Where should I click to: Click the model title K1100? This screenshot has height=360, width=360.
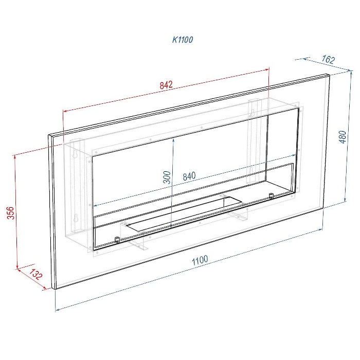pos(183,40)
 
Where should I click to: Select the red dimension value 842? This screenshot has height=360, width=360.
pos(166,85)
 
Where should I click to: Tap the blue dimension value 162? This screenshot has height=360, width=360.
pos(328,60)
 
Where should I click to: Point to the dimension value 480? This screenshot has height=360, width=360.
pos(343,137)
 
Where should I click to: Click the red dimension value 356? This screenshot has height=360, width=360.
pos(11,213)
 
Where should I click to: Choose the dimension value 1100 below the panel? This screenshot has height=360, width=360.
pos(200,260)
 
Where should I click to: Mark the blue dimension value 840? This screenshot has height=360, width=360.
pos(189,176)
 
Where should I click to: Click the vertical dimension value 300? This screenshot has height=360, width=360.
pos(167,177)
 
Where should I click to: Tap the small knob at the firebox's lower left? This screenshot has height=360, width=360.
pos(117,239)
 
